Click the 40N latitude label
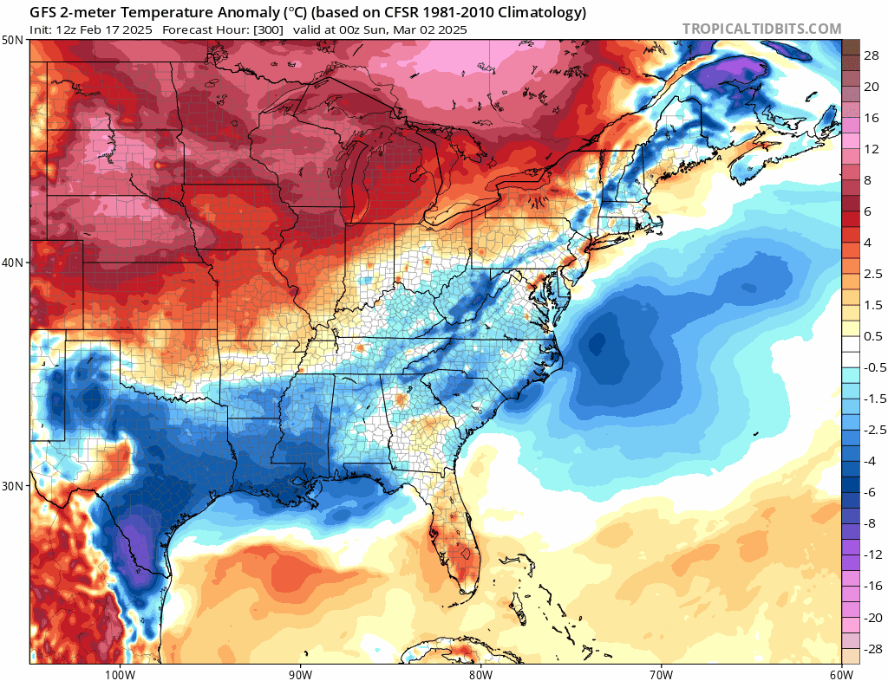point(14,263)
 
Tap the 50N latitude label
point(14,40)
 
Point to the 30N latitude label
point(14,485)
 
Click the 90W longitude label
point(300,673)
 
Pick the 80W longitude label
point(480,673)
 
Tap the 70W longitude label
point(661,673)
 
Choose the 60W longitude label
point(840,673)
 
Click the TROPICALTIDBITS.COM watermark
point(761,29)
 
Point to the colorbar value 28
point(872,55)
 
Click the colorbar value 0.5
point(872,336)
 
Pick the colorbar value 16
point(872,118)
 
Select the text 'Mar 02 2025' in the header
point(433,29)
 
